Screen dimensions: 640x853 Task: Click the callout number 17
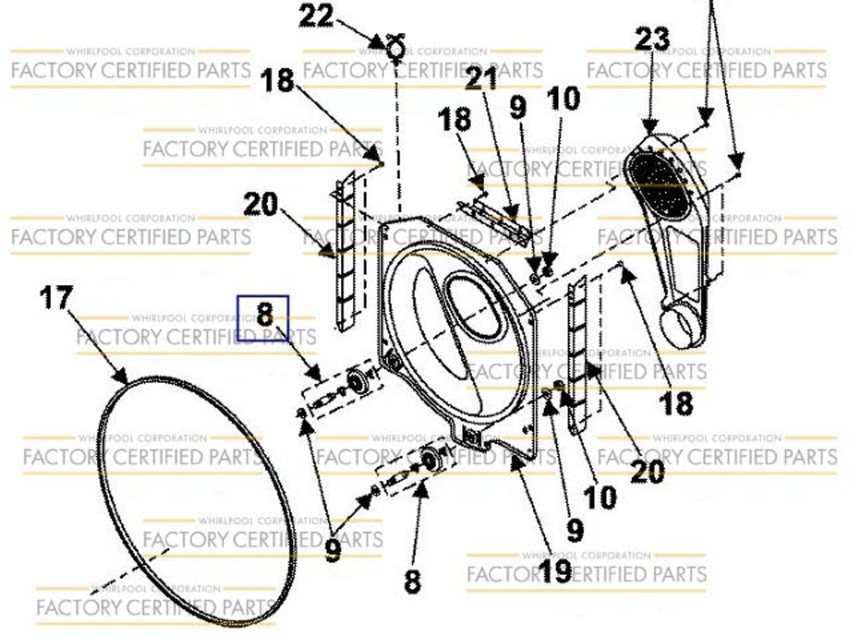[x=57, y=297]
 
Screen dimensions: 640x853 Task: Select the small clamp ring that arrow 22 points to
[x=396, y=48]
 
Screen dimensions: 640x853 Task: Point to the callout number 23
[x=652, y=40]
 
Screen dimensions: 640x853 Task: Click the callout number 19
[x=555, y=570]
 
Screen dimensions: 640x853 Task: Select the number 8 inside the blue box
[x=264, y=315]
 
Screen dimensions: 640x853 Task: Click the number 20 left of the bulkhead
[x=260, y=204]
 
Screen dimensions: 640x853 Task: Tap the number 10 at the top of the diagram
[x=563, y=99]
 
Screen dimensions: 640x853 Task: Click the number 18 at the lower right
[x=676, y=404]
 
